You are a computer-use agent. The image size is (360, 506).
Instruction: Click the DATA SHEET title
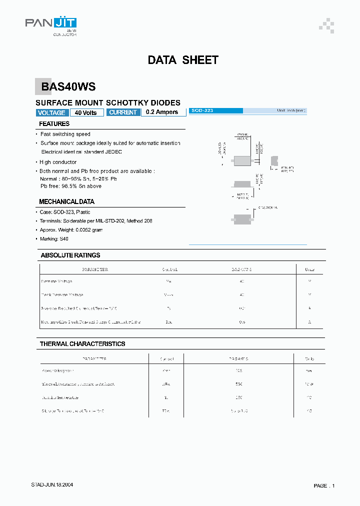click(183, 60)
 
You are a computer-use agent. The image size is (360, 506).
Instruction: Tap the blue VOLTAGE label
click(51, 112)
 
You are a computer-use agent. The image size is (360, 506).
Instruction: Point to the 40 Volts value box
click(86, 112)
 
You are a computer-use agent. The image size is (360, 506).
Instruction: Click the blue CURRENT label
click(123, 112)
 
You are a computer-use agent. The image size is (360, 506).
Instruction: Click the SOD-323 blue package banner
click(216, 110)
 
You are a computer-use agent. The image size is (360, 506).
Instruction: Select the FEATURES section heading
click(54, 123)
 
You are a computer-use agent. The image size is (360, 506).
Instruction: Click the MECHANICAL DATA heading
click(66, 201)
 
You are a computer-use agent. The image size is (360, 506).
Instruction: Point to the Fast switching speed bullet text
click(65, 134)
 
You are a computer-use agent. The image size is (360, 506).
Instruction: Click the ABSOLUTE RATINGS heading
click(70, 255)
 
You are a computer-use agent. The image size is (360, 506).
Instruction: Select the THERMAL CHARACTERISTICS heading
click(82, 344)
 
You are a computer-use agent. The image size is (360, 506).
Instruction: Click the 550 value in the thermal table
click(238, 384)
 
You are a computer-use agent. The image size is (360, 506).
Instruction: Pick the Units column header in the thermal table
click(309, 358)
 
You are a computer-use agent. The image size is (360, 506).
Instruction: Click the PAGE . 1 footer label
click(324, 485)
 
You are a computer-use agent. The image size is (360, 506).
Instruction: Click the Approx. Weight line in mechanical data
click(71, 229)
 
